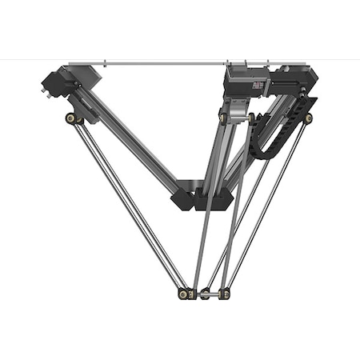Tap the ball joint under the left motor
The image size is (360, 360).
pyautogui.click(x=71, y=118)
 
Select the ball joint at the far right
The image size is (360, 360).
pyautogui.click(x=309, y=118)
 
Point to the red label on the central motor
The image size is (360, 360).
pyautogui.click(x=258, y=84)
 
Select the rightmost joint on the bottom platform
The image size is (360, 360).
pyautogui.click(x=225, y=294)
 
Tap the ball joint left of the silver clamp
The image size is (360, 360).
pyautogui.click(x=223, y=118)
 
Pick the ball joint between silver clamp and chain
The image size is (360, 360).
pyautogui.click(x=251, y=118)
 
